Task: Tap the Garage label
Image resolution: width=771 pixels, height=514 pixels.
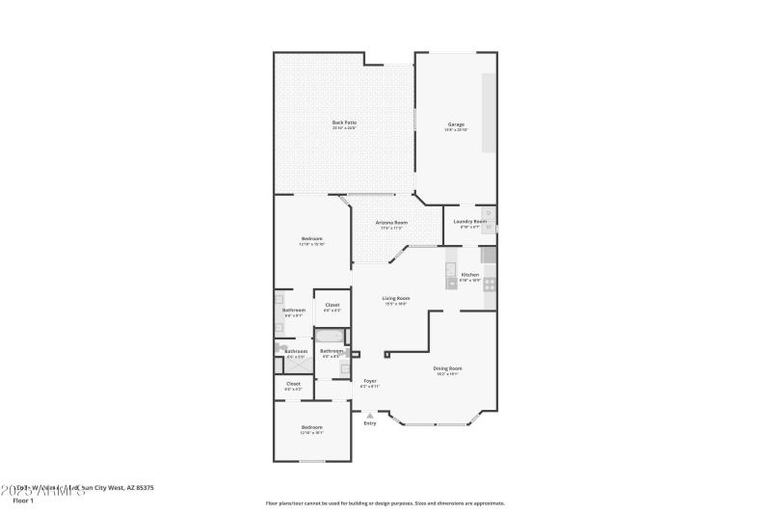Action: (456, 123)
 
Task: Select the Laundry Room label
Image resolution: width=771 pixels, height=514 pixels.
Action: (470, 222)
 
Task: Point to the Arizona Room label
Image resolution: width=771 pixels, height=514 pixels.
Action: (391, 223)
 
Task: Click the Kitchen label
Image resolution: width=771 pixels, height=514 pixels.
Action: (469, 275)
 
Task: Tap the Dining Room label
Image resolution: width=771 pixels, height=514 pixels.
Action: (448, 368)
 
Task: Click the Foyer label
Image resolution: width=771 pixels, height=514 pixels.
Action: (370, 381)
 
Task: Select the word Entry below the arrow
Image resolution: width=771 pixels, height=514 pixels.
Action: (370, 424)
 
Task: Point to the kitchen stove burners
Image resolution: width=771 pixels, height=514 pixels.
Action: (489, 284)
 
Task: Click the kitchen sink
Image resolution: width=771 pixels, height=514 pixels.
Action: (450, 283)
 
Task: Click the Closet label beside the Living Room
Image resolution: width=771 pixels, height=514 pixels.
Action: (332, 305)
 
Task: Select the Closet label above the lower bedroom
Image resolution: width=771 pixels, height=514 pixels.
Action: (293, 384)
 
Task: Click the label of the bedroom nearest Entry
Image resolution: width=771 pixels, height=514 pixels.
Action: (311, 427)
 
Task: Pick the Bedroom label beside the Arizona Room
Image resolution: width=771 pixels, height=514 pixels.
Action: (311, 239)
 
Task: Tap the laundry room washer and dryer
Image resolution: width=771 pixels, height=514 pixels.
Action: (488, 222)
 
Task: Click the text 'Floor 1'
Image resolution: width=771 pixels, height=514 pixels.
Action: (23, 500)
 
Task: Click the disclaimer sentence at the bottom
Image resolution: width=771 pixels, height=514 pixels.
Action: (385, 502)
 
